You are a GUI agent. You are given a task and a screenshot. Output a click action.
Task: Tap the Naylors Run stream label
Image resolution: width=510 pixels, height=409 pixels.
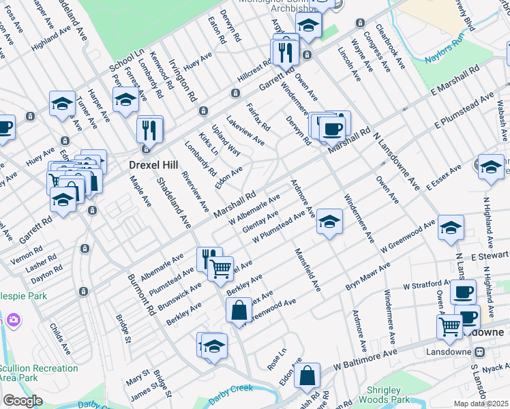coord(446,55)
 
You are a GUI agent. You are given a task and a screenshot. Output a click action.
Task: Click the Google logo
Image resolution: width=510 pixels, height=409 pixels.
coord(22,401)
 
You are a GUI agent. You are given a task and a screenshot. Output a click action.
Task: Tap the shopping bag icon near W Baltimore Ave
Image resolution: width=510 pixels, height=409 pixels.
coord(307,374)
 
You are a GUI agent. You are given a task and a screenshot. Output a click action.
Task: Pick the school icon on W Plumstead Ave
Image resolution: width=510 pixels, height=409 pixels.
coord(329,222)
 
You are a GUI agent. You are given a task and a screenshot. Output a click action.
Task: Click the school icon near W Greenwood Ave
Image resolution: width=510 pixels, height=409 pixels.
coord(450,228)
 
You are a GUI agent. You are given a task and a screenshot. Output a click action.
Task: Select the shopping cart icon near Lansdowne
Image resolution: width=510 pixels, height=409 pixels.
coord(449,327)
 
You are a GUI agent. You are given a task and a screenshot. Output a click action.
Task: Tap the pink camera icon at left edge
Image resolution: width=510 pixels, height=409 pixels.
coord(12,320)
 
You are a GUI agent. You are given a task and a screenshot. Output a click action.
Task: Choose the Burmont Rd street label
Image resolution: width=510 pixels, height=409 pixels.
coord(142,296)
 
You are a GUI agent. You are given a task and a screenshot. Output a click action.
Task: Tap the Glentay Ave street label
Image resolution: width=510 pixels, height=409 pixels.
coord(260,221)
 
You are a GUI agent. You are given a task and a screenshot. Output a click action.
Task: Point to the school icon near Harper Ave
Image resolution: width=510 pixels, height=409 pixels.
coord(62,104)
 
